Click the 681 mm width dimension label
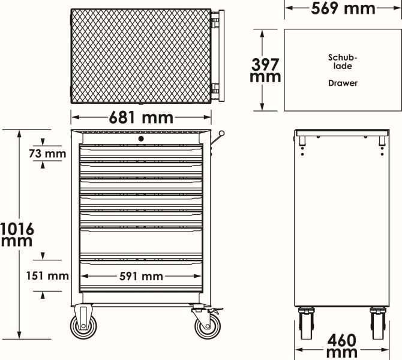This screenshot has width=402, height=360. (x=141, y=118)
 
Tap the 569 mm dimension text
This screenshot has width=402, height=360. (x=343, y=8)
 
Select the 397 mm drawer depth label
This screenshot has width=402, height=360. (x=265, y=70)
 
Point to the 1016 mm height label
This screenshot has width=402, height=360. (x=17, y=235)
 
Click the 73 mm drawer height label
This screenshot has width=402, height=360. (x=47, y=154)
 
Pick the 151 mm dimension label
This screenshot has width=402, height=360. (x=47, y=276)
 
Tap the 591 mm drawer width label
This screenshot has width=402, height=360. (x=141, y=277)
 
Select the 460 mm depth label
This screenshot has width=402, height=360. (x=342, y=346)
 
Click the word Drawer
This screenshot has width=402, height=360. (x=343, y=83)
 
